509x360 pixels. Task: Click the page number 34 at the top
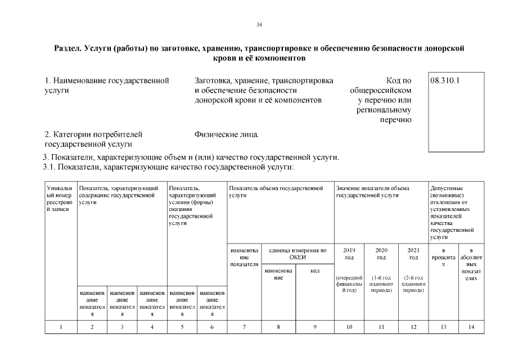259,24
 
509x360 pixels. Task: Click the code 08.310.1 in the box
445,80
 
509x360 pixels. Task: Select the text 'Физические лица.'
227,134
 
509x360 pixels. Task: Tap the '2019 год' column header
349,254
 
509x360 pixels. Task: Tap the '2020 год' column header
381,254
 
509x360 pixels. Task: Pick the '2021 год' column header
413,254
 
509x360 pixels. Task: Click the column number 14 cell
472,326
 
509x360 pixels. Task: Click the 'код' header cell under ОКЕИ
315,271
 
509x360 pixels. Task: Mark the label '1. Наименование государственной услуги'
107,85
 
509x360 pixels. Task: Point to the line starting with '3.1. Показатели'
169,167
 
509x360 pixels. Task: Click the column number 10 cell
349,326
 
